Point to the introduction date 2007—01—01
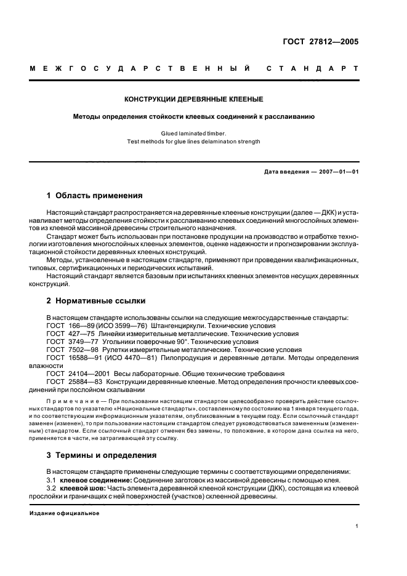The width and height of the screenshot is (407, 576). pyautogui.click(x=336, y=172)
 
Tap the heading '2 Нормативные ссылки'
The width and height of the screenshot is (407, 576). pyautogui.click(x=96, y=302)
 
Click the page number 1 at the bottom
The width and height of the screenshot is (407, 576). pyautogui.click(x=357, y=526)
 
